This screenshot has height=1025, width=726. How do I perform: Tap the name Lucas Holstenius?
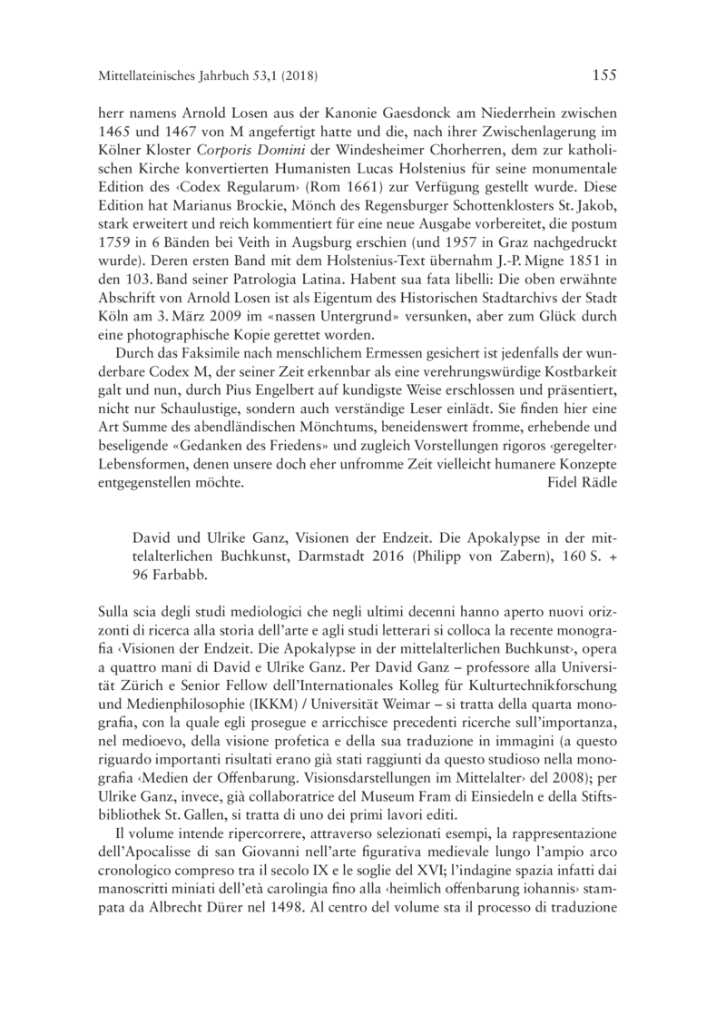pyautogui.click(x=446, y=173)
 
